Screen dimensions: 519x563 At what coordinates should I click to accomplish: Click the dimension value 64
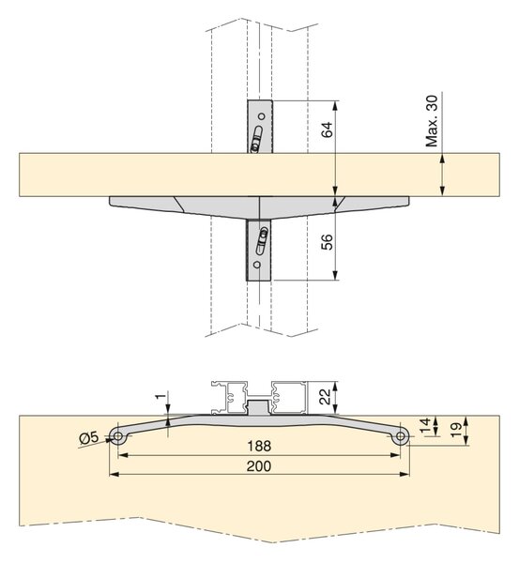pos(327,129)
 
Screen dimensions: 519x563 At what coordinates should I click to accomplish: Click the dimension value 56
pos(327,242)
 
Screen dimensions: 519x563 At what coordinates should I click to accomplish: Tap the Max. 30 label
pos(432,121)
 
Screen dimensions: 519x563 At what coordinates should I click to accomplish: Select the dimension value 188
pos(259,446)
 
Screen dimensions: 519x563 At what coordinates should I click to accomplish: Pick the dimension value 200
pos(259,466)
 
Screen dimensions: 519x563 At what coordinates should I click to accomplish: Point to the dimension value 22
pos(325,396)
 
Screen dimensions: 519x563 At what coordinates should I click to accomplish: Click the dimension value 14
pos(425,426)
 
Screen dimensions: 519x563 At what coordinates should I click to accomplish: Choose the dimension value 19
pos(455,430)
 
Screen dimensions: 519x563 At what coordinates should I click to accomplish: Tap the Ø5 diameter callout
pos(88,437)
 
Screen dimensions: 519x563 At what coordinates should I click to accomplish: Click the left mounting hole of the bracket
pos(117,436)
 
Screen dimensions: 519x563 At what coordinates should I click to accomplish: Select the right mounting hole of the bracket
pos(401,436)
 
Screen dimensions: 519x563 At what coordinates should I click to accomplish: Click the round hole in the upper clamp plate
pos(262,116)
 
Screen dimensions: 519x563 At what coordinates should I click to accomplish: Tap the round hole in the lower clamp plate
pos(256,265)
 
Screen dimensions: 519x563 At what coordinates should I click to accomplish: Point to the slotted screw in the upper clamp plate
pos(257,139)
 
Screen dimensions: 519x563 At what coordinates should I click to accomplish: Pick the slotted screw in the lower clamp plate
pos(262,241)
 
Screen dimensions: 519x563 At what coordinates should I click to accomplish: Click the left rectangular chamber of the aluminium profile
pos(236,398)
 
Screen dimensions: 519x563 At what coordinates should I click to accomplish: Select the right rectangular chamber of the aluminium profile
pos(289,398)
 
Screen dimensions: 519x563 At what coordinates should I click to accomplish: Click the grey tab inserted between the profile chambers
pos(259,407)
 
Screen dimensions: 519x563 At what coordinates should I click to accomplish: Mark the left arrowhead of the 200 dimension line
pos(114,474)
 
